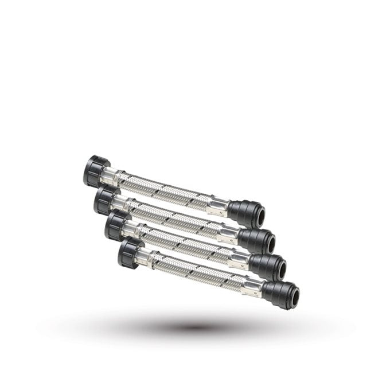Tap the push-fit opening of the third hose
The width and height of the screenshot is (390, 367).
pos(281,268)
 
